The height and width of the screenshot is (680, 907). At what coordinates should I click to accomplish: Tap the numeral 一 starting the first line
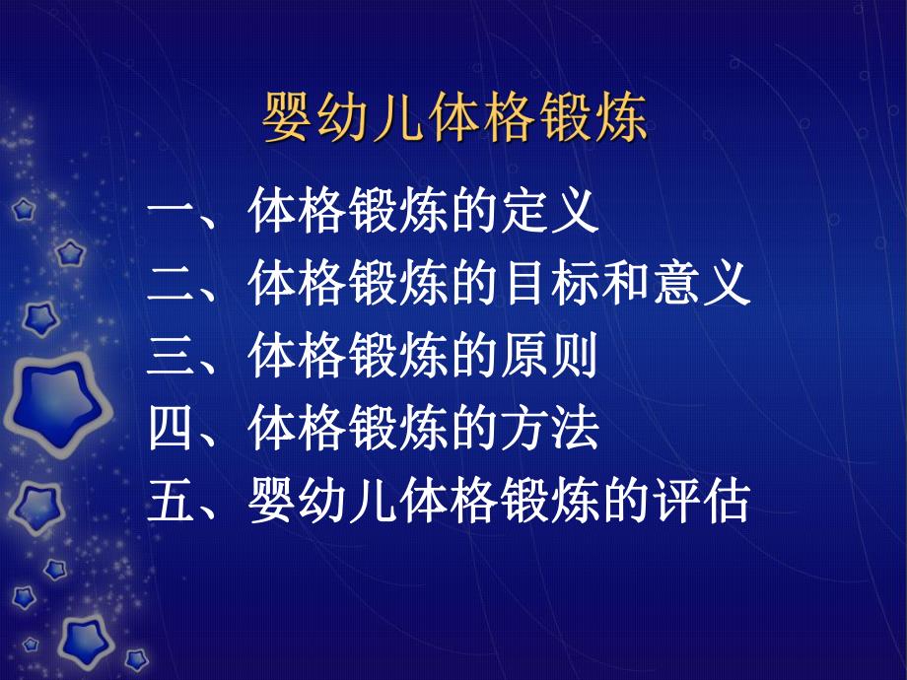point(174,213)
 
